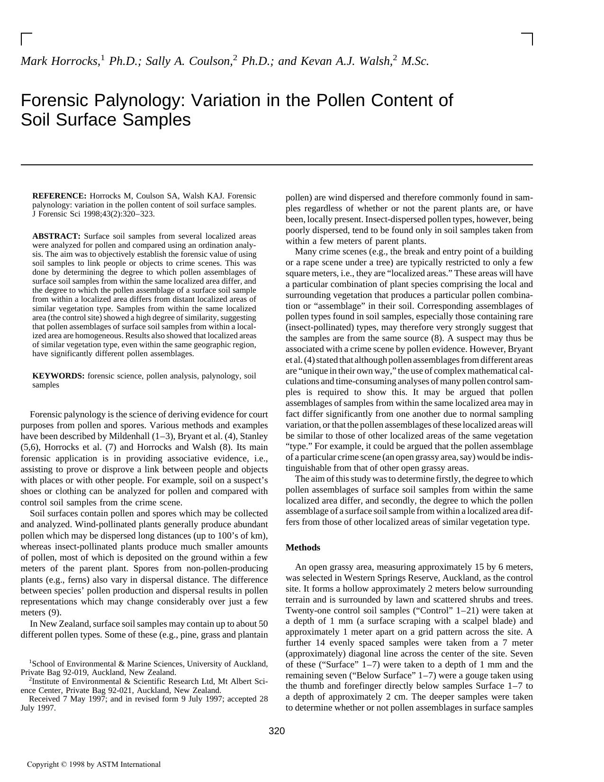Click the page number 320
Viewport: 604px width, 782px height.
coord(277,731)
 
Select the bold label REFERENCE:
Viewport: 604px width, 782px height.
coord(59,196)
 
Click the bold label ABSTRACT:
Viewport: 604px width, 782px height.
coord(56,236)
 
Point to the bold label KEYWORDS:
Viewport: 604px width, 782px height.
coord(58,376)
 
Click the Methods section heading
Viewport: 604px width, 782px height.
coord(303,548)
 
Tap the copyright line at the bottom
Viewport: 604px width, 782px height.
coord(94,764)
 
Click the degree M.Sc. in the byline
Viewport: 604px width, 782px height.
coord(415,62)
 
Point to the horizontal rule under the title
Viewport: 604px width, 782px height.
coord(277,165)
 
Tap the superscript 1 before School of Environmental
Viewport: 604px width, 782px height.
coord(30,661)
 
